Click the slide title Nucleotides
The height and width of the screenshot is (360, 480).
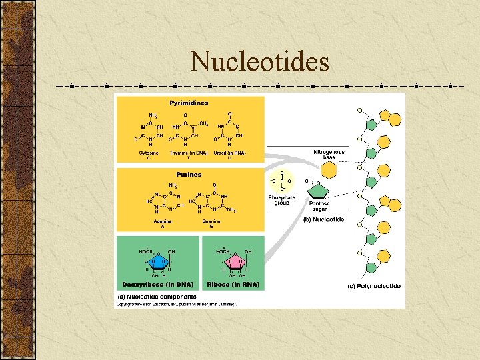(x=259, y=62)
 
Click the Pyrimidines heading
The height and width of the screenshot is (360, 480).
(x=189, y=103)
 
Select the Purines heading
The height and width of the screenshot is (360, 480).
(x=189, y=175)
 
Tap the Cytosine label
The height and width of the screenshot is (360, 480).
(x=149, y=155)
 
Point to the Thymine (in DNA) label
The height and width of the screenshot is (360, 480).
(x=188, y=153)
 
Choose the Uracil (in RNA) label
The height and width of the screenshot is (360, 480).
(x=229, y=153)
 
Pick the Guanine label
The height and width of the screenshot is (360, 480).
(x=211, y=221)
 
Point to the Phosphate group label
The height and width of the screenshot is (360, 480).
(x=282, y=199)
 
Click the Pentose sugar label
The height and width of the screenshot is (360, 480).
(x=319, y=206)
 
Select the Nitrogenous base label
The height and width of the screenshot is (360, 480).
(x=329, y=154)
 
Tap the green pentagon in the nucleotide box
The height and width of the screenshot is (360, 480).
(x=319, y=189)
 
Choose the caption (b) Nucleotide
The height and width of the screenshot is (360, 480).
(x=323, y=219)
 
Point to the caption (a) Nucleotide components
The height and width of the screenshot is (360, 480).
(x=157, y=296)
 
